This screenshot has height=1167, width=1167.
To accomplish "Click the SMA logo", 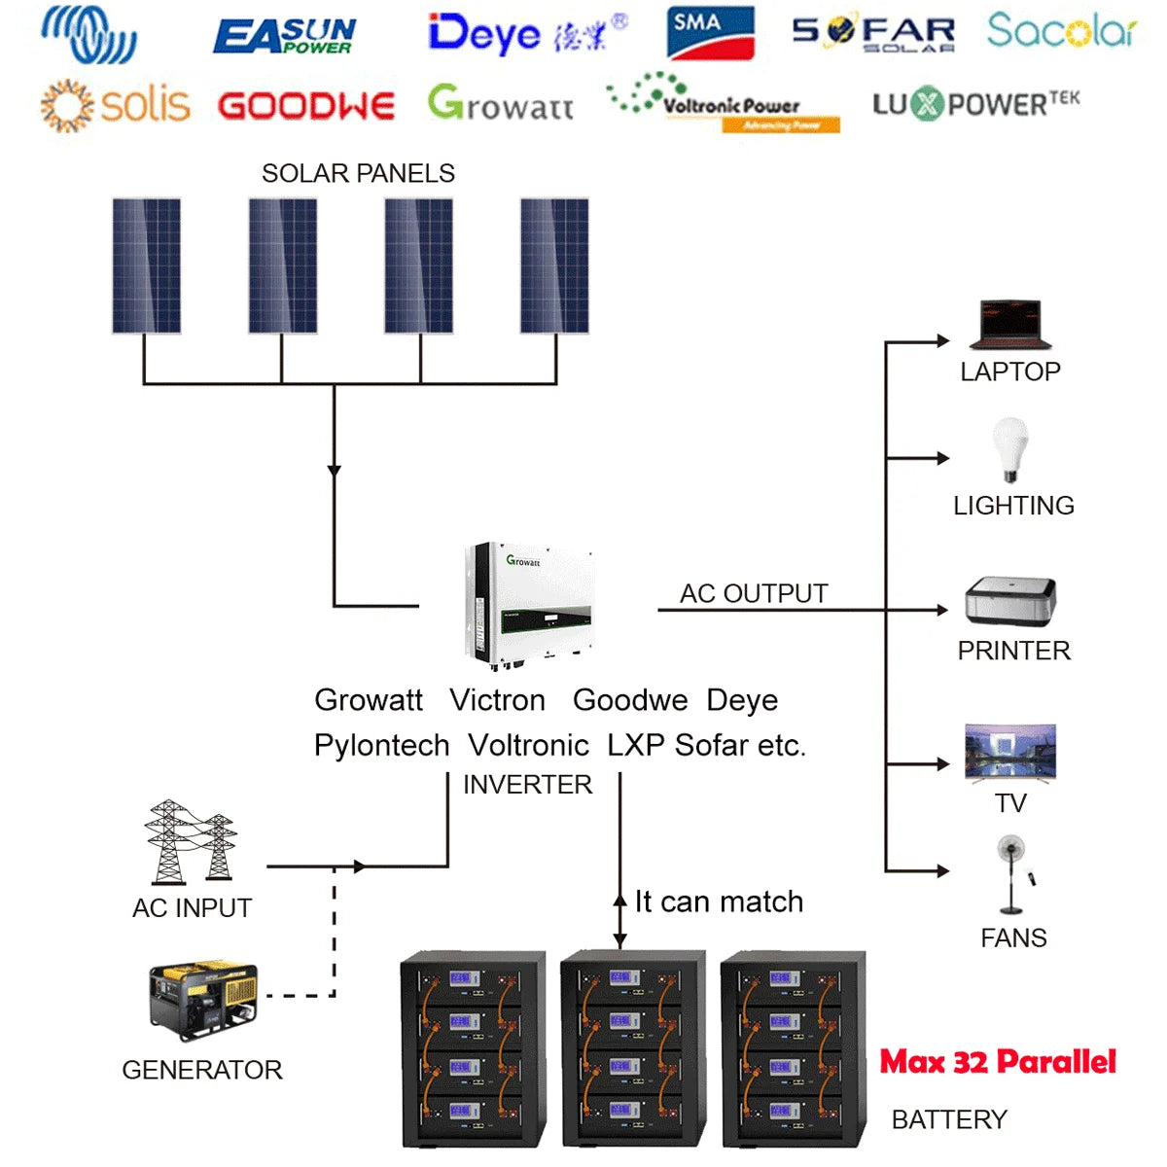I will click(711, 32).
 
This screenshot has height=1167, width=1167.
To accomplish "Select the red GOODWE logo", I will click(306, 105).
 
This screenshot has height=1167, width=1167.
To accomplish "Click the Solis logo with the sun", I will click(115, 104).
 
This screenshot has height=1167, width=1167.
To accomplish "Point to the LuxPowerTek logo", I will click(975, 103).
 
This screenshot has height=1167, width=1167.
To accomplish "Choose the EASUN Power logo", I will click(284, 37).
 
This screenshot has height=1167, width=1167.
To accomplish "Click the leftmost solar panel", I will click(146, 265).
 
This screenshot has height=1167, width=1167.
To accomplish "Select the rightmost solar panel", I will click(554, 265).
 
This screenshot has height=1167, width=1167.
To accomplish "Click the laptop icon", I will click(1010, 325).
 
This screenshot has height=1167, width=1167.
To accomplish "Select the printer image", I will click(1010, 601).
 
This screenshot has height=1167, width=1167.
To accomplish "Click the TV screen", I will click(1010, 752).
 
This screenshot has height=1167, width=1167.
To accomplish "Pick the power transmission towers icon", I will click(191, 841).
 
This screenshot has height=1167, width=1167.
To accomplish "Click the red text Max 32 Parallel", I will click(998, 1061).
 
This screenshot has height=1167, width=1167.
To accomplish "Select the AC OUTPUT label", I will click(754, 593).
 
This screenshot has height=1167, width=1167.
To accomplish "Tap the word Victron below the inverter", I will click(497, 700).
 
